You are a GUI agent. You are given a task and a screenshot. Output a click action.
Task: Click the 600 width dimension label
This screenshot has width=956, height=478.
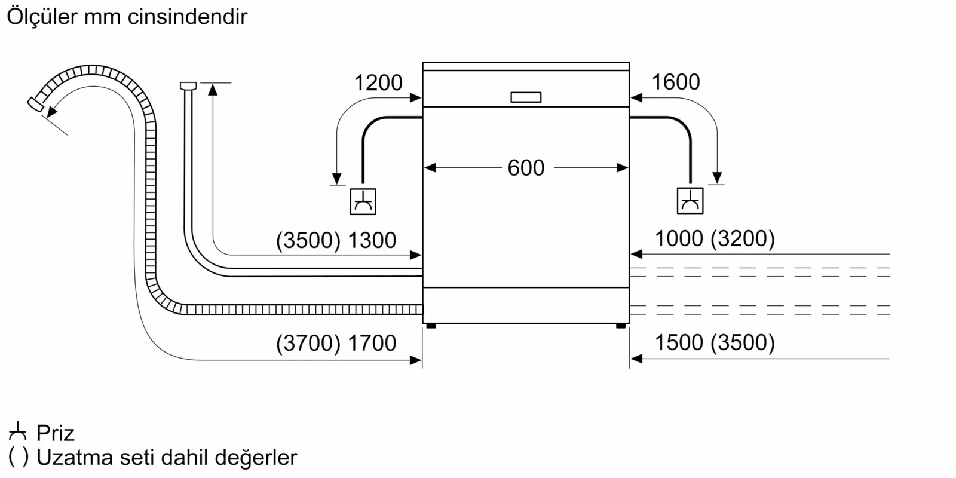pos(526,168)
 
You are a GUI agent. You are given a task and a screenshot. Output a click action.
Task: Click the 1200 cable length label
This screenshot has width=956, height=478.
pos(378,82)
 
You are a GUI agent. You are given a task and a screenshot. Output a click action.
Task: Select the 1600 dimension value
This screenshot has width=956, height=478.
pos(675,82)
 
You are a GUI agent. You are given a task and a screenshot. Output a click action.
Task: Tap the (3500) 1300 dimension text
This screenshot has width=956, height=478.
pos(336,240)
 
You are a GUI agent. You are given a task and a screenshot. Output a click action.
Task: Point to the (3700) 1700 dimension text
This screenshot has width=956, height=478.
pos(336,343)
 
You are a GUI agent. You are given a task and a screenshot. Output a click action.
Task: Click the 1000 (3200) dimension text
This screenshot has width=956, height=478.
pos(715,238)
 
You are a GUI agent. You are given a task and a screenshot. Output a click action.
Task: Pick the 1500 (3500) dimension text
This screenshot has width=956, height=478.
pos(715,342)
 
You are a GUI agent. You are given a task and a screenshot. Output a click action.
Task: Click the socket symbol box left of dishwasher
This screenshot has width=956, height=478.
pos(363,202)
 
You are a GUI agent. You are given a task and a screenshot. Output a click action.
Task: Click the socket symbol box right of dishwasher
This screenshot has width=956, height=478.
pos(690,201)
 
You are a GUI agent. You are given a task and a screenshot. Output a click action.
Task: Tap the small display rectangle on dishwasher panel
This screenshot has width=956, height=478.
pos(526,97)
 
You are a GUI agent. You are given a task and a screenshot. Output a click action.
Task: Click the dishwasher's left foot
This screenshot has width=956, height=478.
pos(431,326)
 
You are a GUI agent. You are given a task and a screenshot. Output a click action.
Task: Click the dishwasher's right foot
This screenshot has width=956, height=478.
pos(621,326)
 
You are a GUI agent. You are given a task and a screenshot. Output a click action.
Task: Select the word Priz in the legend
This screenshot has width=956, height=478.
pos(55,433)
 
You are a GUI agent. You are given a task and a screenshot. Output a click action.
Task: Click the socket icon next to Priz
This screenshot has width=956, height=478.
pos(18,431)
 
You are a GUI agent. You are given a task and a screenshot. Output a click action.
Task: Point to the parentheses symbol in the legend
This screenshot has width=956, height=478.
pos(18,457)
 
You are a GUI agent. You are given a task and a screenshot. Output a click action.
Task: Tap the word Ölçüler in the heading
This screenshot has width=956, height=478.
pos(42,16)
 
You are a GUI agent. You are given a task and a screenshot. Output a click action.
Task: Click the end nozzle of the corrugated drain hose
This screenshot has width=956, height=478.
pos(35,104)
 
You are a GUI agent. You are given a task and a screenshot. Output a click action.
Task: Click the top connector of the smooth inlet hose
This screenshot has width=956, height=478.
pos(188,86)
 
